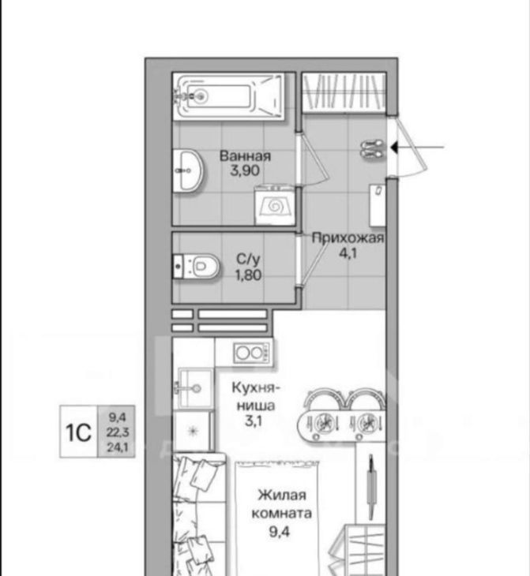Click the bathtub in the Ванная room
228,96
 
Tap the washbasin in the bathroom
188,170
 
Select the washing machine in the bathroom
275,206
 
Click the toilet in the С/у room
197,267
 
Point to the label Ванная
245,156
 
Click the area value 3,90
245,170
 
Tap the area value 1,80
249,275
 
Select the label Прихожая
348,238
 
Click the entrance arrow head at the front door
394,148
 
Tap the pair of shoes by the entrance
372,149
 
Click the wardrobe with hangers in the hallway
344,92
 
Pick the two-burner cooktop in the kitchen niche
253,353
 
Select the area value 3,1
254,421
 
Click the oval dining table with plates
340,423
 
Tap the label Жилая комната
281,504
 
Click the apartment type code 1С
78,432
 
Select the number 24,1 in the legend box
118,447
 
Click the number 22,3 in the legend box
118,432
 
